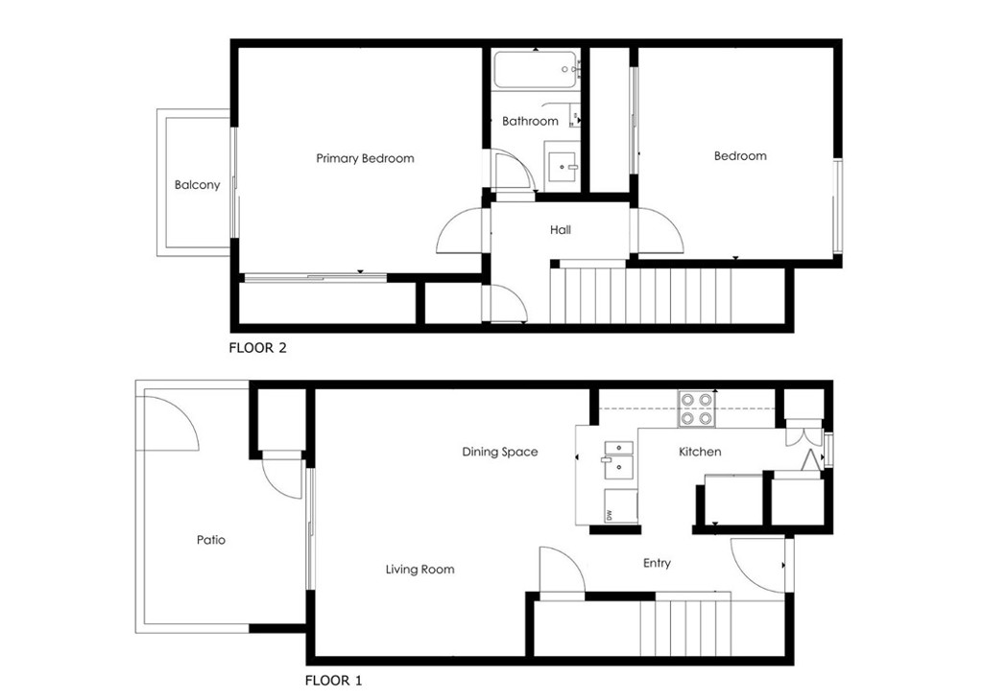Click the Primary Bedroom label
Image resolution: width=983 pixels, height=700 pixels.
(x=365, y=158)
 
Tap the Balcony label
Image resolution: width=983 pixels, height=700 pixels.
(x=197, y=185)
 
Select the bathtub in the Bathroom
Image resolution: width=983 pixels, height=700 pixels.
(x=536, y=70)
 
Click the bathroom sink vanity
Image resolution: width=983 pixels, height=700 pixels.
(x=562, y=167)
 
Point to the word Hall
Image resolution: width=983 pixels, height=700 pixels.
(x=561, y=230)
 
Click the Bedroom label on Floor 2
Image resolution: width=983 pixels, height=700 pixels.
(x=740, y=155)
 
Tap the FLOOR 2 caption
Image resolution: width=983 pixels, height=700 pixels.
(x=257, y=348)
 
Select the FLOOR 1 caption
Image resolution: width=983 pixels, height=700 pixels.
(x=333, y=681)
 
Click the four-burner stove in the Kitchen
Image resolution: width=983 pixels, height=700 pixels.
(x=697, y=408)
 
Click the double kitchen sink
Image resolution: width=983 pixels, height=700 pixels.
(x=618, y=459)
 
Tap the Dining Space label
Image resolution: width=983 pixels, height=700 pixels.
(x=499, y=452)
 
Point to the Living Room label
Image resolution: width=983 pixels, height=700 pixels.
(x=420, y=570)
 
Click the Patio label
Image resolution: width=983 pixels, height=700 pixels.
(x=211, y=540)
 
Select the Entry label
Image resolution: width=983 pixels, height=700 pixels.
(x=657, y=563)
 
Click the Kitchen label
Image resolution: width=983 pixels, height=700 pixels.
(x=700, y=452)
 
